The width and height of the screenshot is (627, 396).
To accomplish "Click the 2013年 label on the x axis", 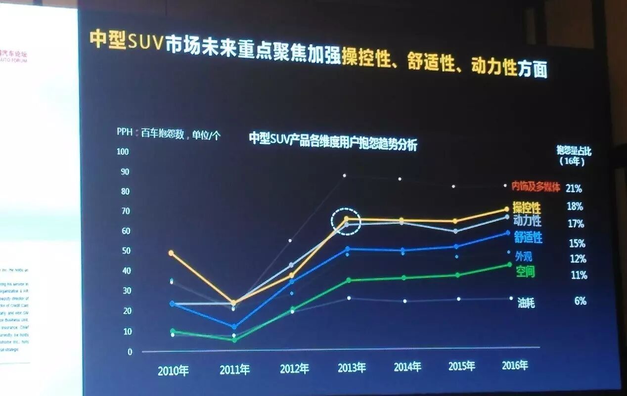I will click(352, 368).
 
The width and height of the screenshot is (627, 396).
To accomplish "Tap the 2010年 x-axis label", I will click(173, 371).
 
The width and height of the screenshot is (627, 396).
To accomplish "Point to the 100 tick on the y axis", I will click(123, 151).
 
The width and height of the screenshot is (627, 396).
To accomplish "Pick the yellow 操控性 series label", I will click(527, 207).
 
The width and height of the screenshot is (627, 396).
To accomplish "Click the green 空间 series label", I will click(525, 271).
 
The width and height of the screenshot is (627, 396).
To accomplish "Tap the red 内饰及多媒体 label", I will click(536, 187).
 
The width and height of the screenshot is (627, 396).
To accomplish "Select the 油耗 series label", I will click(526, 302).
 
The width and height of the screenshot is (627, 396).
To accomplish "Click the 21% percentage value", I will click(574, 188).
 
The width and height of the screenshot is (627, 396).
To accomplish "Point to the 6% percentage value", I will click(580, 301).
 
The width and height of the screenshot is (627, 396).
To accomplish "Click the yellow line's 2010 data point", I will click(171, 253).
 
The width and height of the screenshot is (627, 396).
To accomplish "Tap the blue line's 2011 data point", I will click(234, 327).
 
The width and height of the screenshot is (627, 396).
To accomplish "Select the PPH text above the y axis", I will click(125, 132).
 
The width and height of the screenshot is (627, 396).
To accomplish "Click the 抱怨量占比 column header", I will click(574, 151).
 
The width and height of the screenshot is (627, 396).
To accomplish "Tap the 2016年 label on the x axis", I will click(515, 365).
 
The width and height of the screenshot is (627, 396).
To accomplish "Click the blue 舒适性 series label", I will click(528, 237).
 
